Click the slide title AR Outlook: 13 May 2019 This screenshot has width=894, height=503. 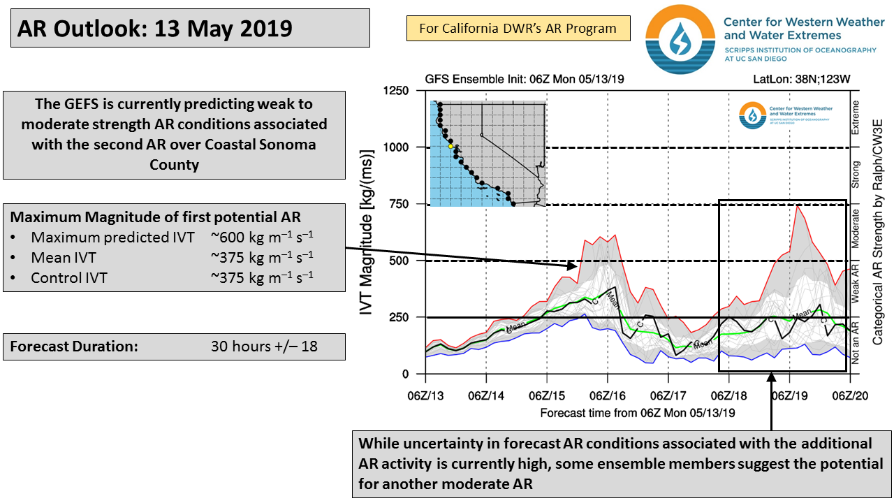click(x=154, y=29)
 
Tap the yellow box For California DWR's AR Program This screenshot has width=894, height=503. click(x=518, y=29)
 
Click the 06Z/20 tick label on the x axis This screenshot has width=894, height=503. click(x=850, y=395)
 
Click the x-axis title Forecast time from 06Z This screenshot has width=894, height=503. click(x=637, y=413)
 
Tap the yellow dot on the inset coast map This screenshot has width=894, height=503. click(x=450, y=145)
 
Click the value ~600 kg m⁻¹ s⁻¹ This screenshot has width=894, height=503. click(x=262, y=237)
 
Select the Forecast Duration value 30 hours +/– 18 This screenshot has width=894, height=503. click(x=264, y=346)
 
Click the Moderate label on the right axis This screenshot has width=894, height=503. click(x=856, y=231)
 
